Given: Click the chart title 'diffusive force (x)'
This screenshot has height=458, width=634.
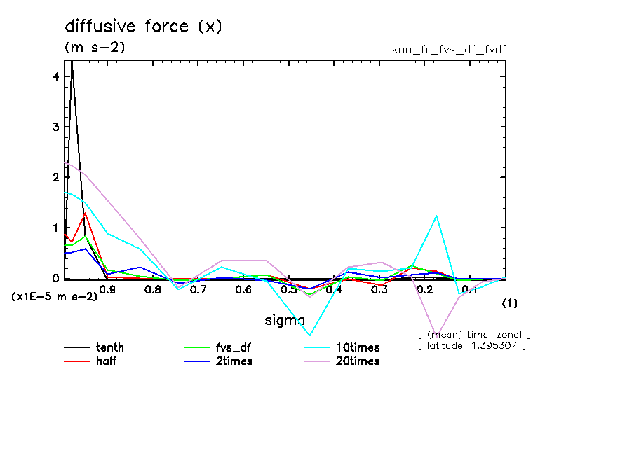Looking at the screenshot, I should coord(143,27).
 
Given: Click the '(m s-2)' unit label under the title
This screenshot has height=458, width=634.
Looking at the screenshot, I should coord(95,48).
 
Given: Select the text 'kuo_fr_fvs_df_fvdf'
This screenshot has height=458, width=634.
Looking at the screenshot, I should coord(449,49).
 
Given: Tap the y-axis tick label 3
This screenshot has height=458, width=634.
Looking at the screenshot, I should coord(55,127).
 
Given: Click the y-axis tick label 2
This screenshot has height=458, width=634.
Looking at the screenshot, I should coord(55,177).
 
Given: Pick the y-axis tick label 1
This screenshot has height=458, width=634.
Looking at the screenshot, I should coord(55,228).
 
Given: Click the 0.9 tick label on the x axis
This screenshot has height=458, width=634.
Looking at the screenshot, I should coord(108,289).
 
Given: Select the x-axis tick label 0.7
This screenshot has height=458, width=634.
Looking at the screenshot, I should coord(198,289).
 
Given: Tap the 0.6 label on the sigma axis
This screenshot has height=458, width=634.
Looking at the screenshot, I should coord(243,289).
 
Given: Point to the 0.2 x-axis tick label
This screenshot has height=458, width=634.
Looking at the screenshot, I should coord(424,289).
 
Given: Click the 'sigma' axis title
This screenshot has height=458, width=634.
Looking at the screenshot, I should coord(285,320).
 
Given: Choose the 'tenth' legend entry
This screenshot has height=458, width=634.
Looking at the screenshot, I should coord(110,347).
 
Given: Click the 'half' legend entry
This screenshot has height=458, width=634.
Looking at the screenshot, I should coord(107,361).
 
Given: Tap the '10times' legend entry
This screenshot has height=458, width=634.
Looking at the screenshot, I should coord(358,347).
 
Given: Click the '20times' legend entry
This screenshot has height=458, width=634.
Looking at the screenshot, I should coord(358,361).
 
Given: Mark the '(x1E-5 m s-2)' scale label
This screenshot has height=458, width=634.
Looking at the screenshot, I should coord(55,296).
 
